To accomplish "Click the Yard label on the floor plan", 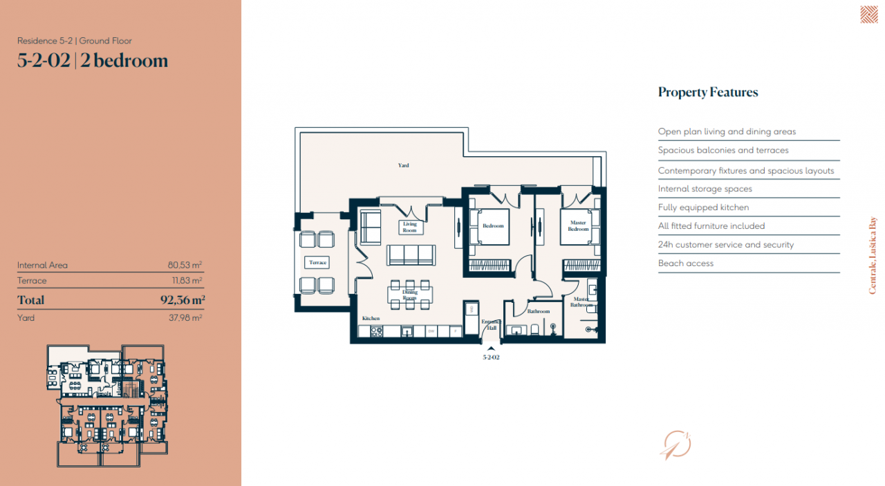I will click(403, 165).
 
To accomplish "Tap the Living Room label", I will click(410, 227).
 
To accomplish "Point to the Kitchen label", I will click(371, 318).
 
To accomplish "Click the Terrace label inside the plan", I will click(317, 263).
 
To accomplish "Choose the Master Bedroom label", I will click(578, 226).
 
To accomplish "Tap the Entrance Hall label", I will click(490, 324).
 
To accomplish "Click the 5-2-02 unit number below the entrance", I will click(491, 357).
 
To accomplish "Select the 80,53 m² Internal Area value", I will click(185, 265).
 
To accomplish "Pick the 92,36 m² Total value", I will click(183, 300).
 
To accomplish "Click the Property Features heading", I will click(708, 93).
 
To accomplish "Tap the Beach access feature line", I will click(686, 263).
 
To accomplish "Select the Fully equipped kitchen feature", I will click(703, 207).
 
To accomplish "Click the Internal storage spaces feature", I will click(705, 189).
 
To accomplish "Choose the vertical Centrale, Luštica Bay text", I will click(872, 256).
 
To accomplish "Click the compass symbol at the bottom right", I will click(676, 444).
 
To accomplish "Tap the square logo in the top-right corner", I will click(868, 15).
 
